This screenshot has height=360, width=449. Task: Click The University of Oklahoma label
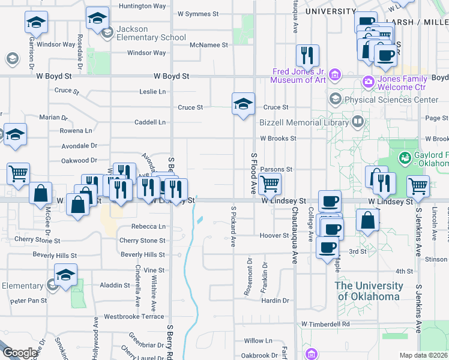click(369, 291)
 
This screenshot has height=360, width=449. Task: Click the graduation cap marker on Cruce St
click(244, 104)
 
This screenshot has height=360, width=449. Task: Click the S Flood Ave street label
click(253, 173)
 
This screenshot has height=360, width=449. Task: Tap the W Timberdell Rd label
click(325, 324)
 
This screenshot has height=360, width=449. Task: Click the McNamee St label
click(208, 45)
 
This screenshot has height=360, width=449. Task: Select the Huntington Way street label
click(142, 6)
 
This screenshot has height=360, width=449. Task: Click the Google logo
click(20, 353)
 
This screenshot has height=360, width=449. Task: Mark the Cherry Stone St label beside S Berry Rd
click(142, 241)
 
